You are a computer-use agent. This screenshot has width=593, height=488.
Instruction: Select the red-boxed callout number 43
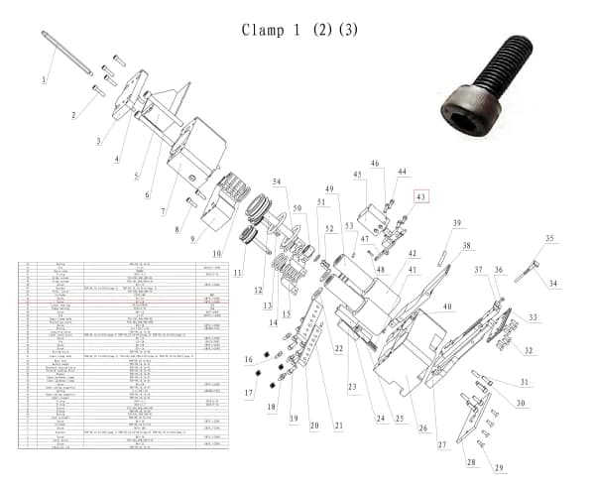(x=421, y=197)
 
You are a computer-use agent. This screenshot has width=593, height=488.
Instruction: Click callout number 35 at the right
(x=549, y=239)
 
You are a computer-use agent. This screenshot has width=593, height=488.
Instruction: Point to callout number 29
(x=499, y=467)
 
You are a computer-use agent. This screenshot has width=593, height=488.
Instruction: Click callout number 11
(x=237, y=272)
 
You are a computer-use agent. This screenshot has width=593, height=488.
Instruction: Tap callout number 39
(x=457, y=223)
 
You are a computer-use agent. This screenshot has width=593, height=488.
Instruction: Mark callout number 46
(x=375, y=164)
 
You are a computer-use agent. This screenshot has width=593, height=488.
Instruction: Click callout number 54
(x=278, y=181)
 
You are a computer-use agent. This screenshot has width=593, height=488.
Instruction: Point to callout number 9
(x=195, y=240)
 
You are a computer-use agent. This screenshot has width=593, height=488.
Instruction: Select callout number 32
(x=529, y=350)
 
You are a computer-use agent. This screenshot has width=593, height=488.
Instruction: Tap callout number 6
(x=148, y=194)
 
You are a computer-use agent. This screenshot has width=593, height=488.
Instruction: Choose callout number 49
(x=329, y=188)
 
